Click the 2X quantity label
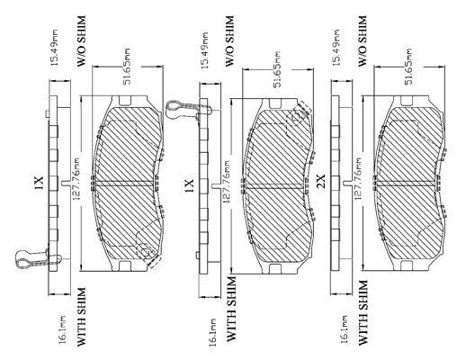321,181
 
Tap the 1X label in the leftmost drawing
39,183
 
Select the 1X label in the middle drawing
189,185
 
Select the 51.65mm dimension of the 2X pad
408,67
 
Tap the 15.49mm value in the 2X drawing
336,48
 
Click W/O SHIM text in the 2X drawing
363,41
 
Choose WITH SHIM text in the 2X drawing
363,312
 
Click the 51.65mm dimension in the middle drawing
277,69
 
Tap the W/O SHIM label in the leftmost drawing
81,41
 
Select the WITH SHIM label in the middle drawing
232,310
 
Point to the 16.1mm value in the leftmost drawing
62,329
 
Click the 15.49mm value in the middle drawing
205,50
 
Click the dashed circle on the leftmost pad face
145,253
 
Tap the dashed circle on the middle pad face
296,116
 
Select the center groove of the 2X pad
407,184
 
